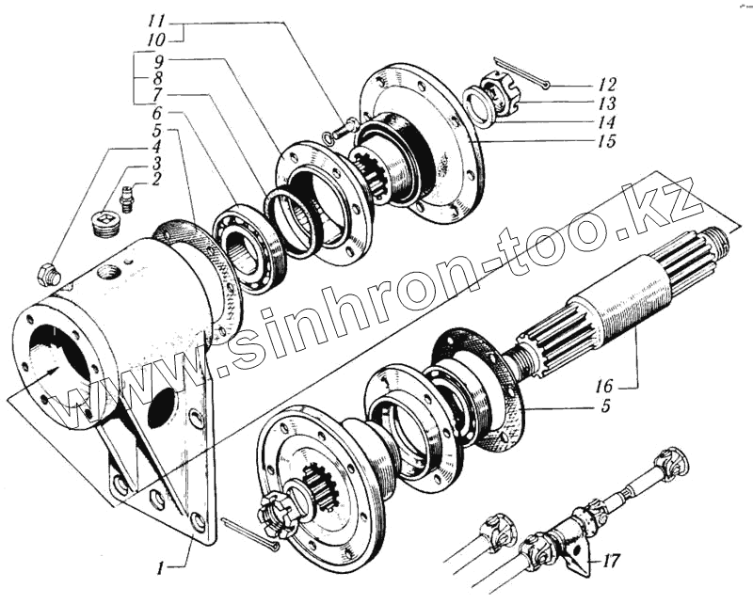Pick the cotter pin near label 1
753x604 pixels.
point(250,533)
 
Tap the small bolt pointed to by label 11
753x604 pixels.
point(343,127)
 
